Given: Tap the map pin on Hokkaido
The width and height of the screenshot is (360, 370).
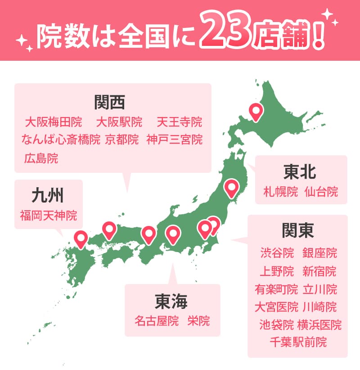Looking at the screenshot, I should (x=256, y=111).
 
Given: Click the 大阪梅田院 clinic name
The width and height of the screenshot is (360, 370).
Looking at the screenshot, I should (x=53, y=122).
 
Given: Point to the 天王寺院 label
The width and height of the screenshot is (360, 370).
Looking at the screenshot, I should (x=180, y=122).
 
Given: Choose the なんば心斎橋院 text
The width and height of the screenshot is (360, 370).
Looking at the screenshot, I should (x=61, y=140).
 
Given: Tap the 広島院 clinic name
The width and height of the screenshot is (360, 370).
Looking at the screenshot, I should (x=41, y=158).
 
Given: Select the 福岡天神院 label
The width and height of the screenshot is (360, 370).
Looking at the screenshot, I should (x=48, y=216).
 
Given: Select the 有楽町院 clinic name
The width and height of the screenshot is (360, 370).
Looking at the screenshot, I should (x=276, y=289).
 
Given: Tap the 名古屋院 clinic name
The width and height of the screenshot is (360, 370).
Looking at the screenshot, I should (x=157, y=321).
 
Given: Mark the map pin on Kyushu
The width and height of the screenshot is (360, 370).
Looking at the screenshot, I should (x=81, y=238).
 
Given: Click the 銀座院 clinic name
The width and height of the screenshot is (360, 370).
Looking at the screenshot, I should (x=320, y=253).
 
